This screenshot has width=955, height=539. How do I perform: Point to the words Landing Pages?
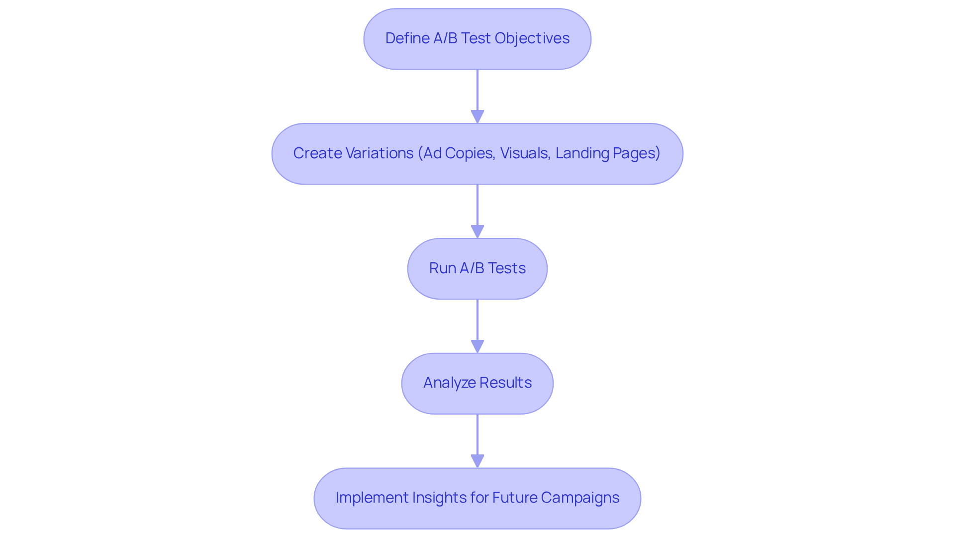coord(607,153)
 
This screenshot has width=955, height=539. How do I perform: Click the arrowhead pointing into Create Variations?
coord(477,116)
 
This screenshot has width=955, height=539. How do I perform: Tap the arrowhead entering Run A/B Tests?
coord(477,231)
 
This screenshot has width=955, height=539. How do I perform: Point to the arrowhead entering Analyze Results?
coord(477,346)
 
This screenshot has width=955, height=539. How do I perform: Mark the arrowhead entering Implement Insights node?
coord(477,461)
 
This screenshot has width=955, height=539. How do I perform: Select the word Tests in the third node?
coord(506,268)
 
